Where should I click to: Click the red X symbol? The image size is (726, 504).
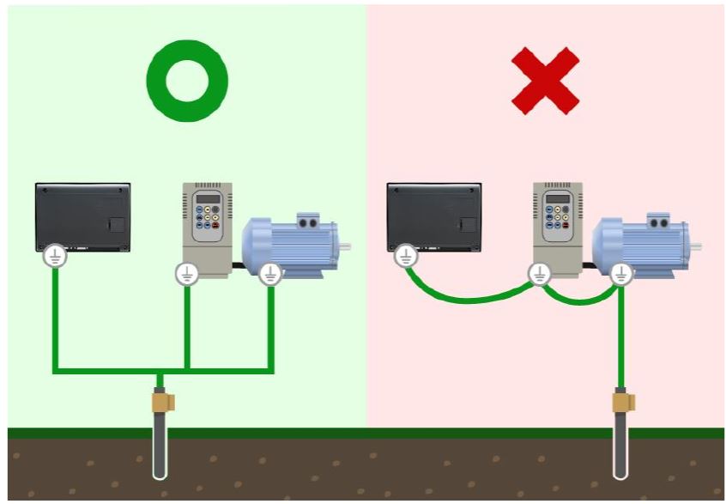(545, 80)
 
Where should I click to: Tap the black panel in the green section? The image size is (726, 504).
(83, 216)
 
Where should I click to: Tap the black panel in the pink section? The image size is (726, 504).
(434, 216)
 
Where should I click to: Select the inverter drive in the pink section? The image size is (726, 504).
(559, 226)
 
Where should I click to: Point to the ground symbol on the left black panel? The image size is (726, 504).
(55, 256)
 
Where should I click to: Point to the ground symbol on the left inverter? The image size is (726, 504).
(187, 274)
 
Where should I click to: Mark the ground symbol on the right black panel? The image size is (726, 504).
(406, 256)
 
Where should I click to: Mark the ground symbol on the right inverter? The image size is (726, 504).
(538, 274)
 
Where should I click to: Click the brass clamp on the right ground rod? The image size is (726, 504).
(622, 400)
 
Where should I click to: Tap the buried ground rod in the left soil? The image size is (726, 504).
(160, 451)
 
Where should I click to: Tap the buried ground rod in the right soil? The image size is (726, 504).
(620, 451)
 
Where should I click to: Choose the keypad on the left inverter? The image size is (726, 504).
(209, 222)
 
